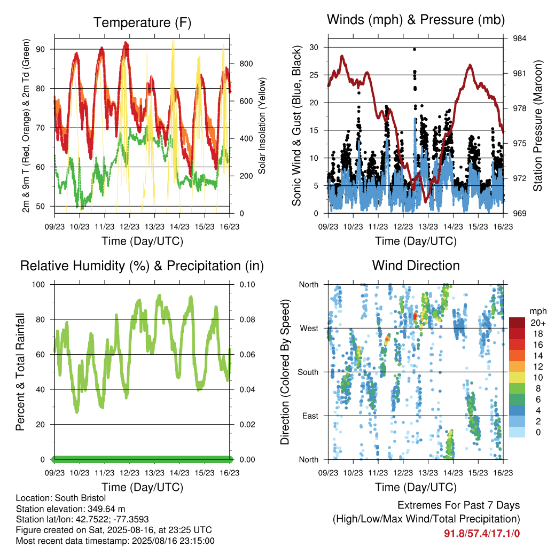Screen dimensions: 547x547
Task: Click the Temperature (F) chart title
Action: pyautogui.click(x=142, y=22)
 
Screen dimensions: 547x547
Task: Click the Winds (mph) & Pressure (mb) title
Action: pyautogui.click(x=416, y=20)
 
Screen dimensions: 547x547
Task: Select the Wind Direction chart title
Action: pyautogui.click(x=416, y=265)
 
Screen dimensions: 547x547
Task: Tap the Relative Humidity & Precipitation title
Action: pyautogui.click(x=142, y=266)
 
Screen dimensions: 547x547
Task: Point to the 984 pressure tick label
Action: pyautogui.click(x=519, y=38)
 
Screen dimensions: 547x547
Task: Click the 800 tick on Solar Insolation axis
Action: pyautogui.click(x=246, y=64)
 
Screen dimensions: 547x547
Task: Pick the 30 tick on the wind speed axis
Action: pyautogui.click(x=314, y=47)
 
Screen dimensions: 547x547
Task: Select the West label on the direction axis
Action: pyautogui.click(x=309, y=329)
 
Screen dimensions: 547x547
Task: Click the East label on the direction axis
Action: pyautogui.click(x=310, y=416)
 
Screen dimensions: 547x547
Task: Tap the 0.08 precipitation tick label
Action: pyautogui.click(x=247, y=319)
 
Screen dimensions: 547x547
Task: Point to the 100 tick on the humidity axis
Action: pyautogui.click(x=38, y=284)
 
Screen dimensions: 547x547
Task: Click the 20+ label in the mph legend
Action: pyautogui.click(x=537, y=323)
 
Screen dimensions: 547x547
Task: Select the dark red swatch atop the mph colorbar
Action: pyautogui.click(x=517, y=323)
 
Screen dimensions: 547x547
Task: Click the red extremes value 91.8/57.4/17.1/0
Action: pyautogui.click(x=482, y=533)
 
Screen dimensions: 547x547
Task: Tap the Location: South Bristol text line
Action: pyautogui.click(x=61, y=498)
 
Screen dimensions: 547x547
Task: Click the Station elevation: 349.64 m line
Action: pyautogui.click(x=71, y=509)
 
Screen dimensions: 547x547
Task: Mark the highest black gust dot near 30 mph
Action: pyautogui.click(x=415, y=49)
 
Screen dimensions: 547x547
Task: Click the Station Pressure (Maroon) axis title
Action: pyautogui.click(x=537, y=126)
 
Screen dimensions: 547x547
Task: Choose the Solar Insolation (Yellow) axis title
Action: pyautogui.click(x=262, y=126)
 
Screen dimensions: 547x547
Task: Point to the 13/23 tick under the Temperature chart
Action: pyautogui.click(x=154, y=226)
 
